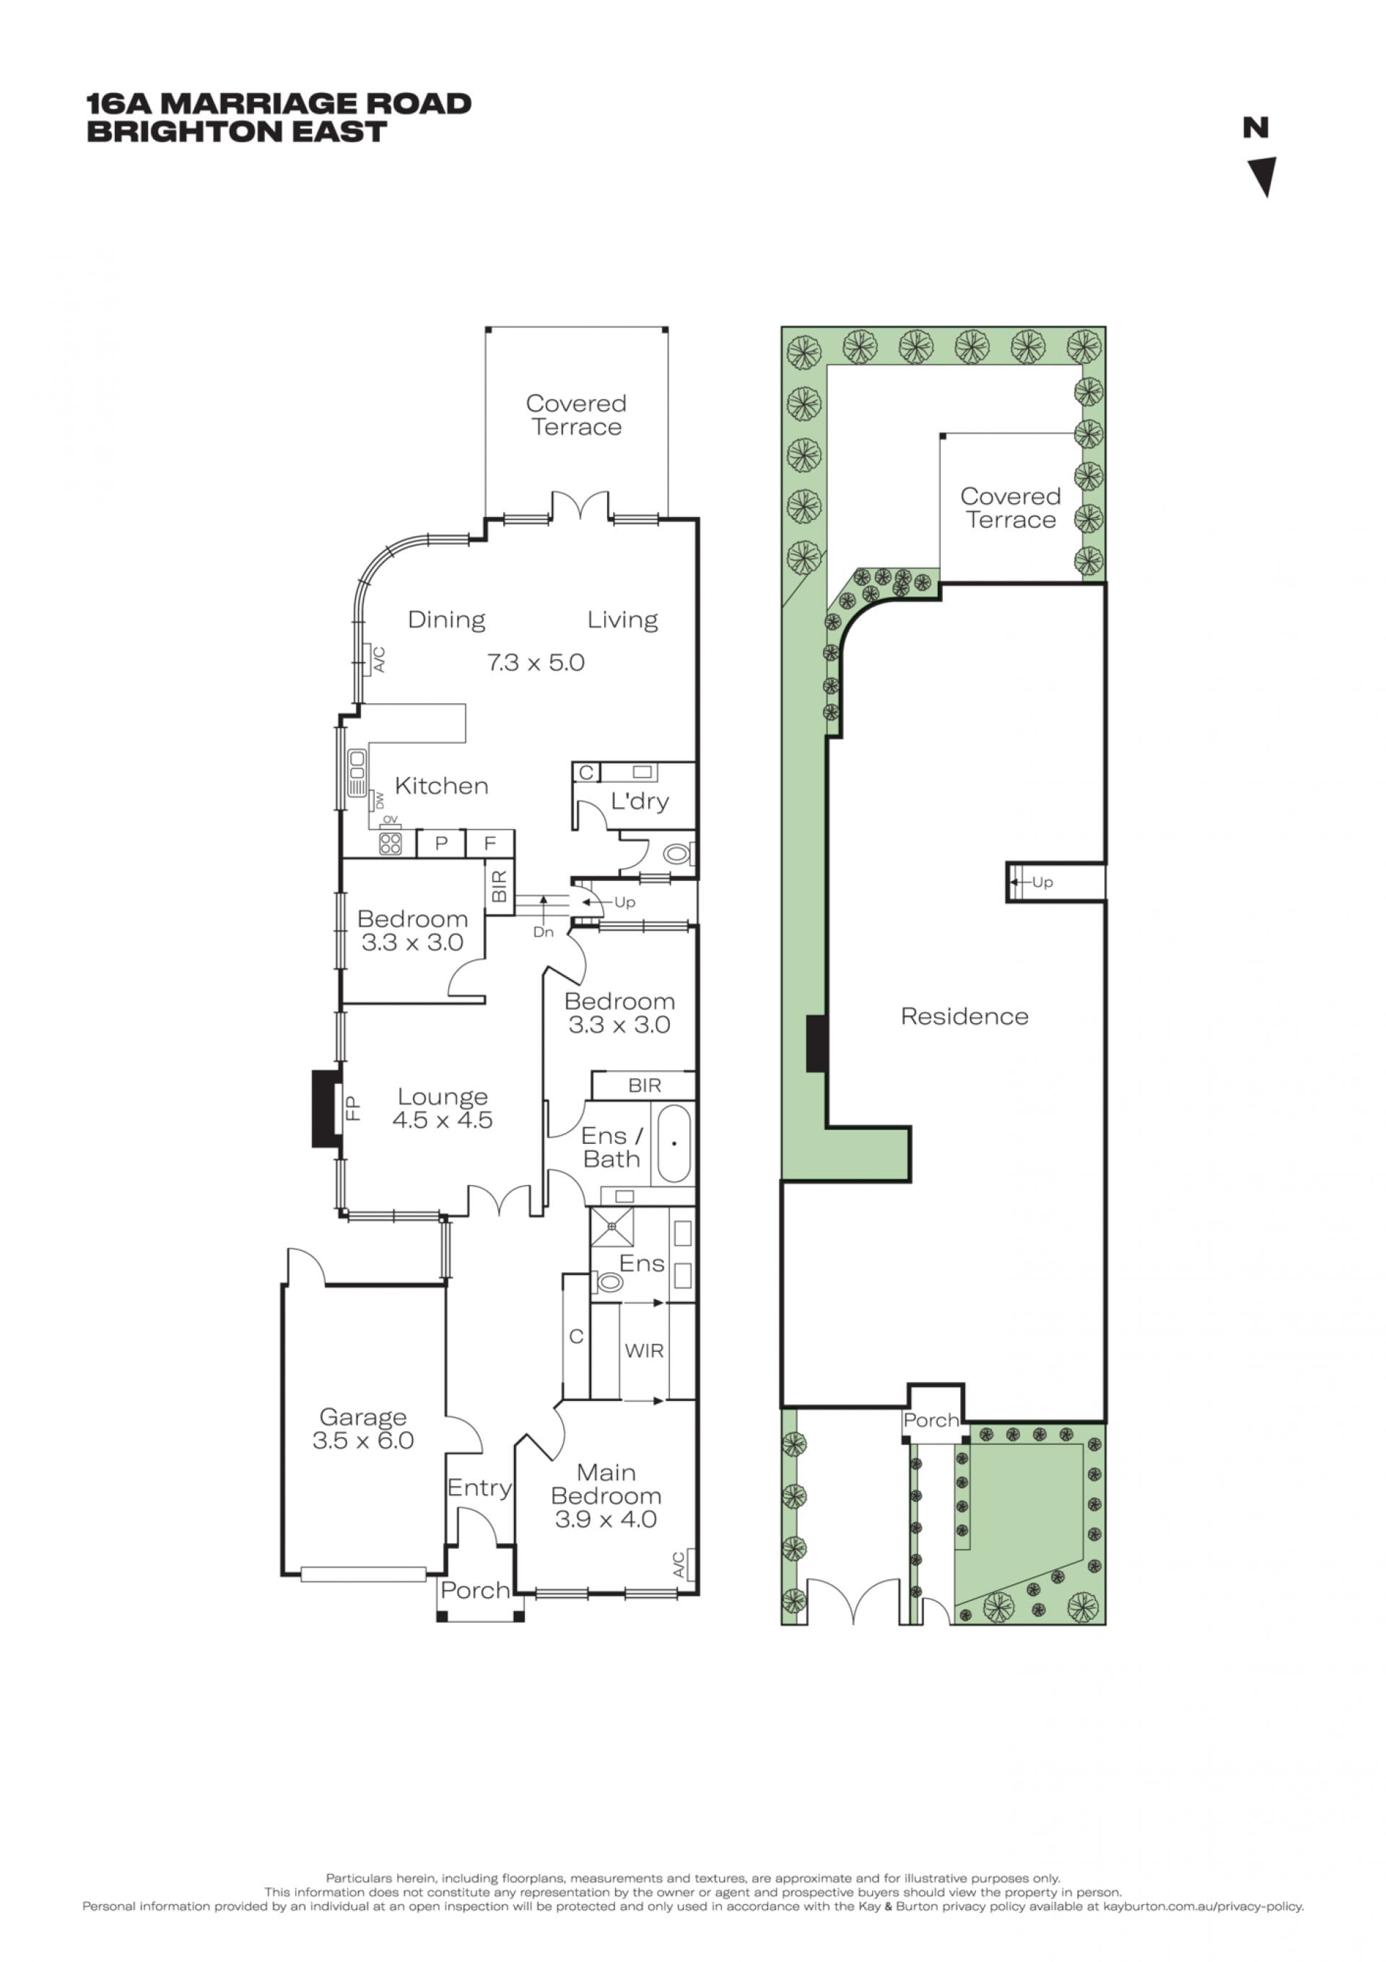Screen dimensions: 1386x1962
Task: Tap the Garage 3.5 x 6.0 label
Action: (362, 1429)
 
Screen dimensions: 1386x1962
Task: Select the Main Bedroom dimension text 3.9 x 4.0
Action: (606, 1519)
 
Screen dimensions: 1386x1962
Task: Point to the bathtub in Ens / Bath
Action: (674, 1143)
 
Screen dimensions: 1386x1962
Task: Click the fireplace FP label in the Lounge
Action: (353, 1108)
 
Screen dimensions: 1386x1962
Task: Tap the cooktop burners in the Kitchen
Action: (391, 844)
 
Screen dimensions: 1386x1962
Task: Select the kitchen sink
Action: (357, 773)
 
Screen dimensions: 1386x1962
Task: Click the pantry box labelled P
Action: (441, 843)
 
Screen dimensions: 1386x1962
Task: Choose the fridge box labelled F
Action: (489, 843)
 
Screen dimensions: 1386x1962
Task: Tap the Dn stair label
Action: (544, 932)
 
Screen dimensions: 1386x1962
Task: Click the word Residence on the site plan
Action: (964, 1016)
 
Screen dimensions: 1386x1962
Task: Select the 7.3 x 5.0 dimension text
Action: (536, 662)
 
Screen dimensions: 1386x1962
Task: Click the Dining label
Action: (446, 620)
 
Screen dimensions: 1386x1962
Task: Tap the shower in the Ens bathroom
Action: (612, 1227)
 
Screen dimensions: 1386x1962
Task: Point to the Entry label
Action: (479, 1488)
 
